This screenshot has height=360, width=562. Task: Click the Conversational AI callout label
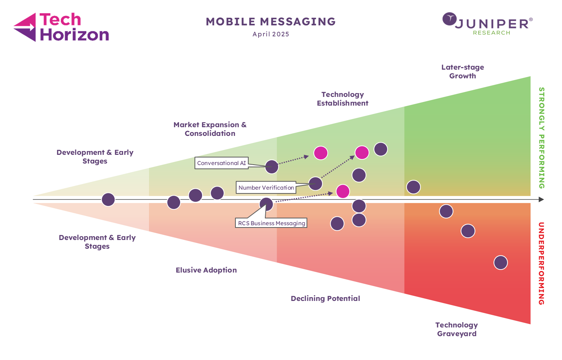point(221,163)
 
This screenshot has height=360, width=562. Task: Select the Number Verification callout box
point(266,187)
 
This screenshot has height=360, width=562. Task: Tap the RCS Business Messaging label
point(271,223)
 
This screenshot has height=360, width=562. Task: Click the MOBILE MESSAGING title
point(271,22)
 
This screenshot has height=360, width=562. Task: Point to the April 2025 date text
point(271,34)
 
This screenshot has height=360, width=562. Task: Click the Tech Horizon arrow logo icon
point(25,27)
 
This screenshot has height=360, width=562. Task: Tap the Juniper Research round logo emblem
point(450,19)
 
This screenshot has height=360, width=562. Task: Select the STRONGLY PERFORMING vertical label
point(542,138)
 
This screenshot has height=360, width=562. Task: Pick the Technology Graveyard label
point(456,329)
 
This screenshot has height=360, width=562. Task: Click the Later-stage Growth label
point(462,72)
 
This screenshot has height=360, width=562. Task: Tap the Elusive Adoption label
point(206,270)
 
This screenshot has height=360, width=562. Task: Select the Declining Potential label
point(325,298)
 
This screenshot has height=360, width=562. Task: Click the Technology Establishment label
point(342,99)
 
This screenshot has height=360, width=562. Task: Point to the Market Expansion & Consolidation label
point(210,129)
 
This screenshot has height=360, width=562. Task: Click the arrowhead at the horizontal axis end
point(541,199)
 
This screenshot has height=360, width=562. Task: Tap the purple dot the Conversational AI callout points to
point(271,167)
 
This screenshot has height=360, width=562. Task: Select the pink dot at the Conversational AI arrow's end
point(321,153)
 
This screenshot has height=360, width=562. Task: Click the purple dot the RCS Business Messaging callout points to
point(266,204)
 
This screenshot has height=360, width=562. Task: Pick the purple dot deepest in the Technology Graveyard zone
point(500,263)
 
